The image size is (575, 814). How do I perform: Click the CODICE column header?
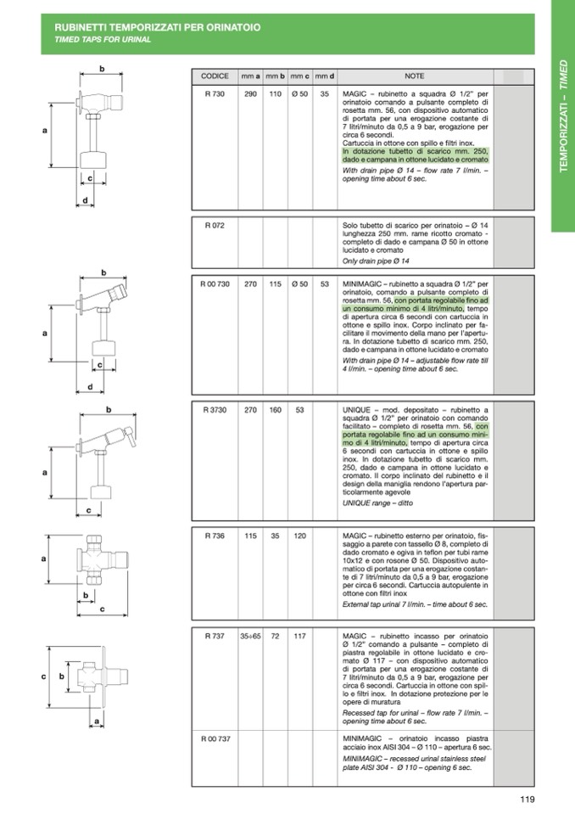pos(215,76)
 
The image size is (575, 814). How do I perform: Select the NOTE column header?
pos(414,76)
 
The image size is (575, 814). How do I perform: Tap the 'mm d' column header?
pos(325,76)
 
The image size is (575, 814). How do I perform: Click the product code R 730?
pos(215,94)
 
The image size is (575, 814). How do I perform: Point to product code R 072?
pos(215,225)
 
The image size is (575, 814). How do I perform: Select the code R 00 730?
pos(215,284)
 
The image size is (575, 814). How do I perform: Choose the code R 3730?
pos(215,410)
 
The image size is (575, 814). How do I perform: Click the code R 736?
pos(215,536)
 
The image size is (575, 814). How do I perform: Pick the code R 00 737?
pos(215,738)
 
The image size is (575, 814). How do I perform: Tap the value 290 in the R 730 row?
pos(250,94)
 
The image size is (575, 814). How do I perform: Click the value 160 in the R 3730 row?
pos(276,410)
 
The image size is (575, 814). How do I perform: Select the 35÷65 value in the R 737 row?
pos(250,636)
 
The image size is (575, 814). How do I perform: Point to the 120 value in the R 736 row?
pos(299,536)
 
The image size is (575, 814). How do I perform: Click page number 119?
pos(528,800)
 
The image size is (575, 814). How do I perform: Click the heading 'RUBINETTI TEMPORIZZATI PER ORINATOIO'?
pos(158,27)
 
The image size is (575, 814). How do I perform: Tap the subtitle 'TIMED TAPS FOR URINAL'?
pos(103,39)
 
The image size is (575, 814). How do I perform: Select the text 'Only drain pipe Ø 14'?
pos(376,261)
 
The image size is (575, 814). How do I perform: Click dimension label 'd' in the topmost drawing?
pos(86,200)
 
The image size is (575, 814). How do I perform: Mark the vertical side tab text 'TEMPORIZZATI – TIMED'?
pos(564,115)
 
